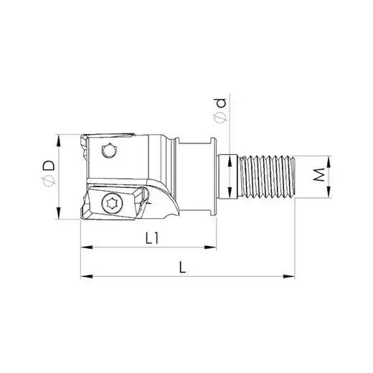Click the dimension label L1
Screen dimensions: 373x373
pyautogui.click(x=152, y=238)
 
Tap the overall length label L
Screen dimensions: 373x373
pyautogui.click(x=182, y=267)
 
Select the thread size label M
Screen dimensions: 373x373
pyautogui.click(x=319, y=174)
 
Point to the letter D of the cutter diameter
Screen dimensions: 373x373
pyautogui.click(x=49, y=165)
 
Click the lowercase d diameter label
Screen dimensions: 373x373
pyautogui.click(x=221, y=103)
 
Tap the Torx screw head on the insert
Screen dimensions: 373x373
pyautogui.click(x=112, y=203)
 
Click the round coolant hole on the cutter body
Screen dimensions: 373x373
pyautogui.click(x=109, y=151)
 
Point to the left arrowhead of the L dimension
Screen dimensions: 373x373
pyautogui.click(x=87, y=276)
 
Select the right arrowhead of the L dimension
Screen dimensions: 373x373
pyautogui.click(x=289, y=276)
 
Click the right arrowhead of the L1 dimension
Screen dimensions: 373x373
pyautogui.click(x=210, y=247)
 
